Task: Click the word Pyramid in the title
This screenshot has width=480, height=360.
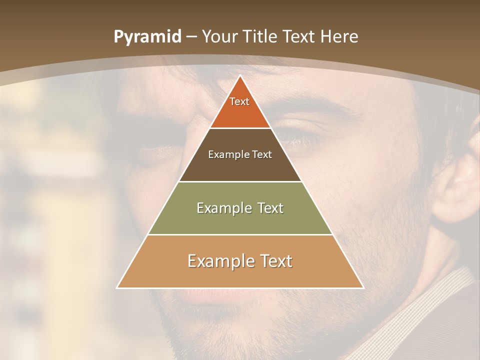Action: (x=147, y=37)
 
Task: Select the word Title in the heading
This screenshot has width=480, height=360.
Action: (x=261, y=36)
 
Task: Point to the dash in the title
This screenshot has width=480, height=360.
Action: (x=191, y=37)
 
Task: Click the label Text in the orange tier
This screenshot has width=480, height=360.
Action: (x=239, y=101)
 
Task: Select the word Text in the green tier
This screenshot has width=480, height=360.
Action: (x=268, y=208)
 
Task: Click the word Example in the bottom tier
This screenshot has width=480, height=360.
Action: (x=215, y=261)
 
